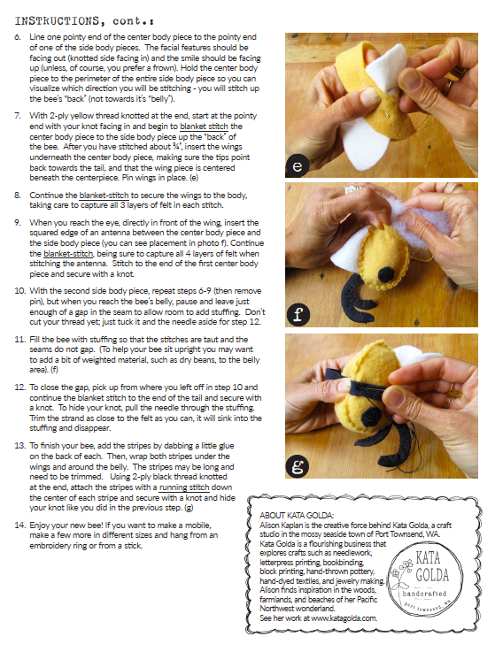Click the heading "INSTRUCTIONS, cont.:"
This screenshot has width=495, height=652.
click(x=84, y=21)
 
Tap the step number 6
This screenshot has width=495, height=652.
click(x=18, y=37)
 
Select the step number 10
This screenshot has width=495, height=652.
click(x=20, y=291)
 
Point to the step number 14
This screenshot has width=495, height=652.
click(x=20, y=525)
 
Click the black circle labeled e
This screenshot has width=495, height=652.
click(x=298, y=165)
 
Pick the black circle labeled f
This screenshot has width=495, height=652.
click(x=298, y=314)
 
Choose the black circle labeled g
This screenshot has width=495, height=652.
click(x=298, y=466)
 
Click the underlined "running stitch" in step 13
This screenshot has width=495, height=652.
click(x=184, y=487)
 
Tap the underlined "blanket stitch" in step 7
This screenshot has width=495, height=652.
click(x=204, y=127)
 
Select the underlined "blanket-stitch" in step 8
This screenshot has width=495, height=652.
click(x=104, y=195)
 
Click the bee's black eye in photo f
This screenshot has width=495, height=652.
click(x=386, y=274)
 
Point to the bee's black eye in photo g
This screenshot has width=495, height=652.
click(x=370, y=417)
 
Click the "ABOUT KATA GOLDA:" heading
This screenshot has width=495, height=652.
click(x=297, y=516)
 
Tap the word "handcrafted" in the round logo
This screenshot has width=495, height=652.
click(x=425, y=594)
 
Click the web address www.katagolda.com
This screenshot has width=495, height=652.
click(x=344, y=618)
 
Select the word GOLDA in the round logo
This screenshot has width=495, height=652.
click(x=432, y=575)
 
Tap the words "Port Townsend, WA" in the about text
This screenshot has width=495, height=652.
click(x=406, y=534)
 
